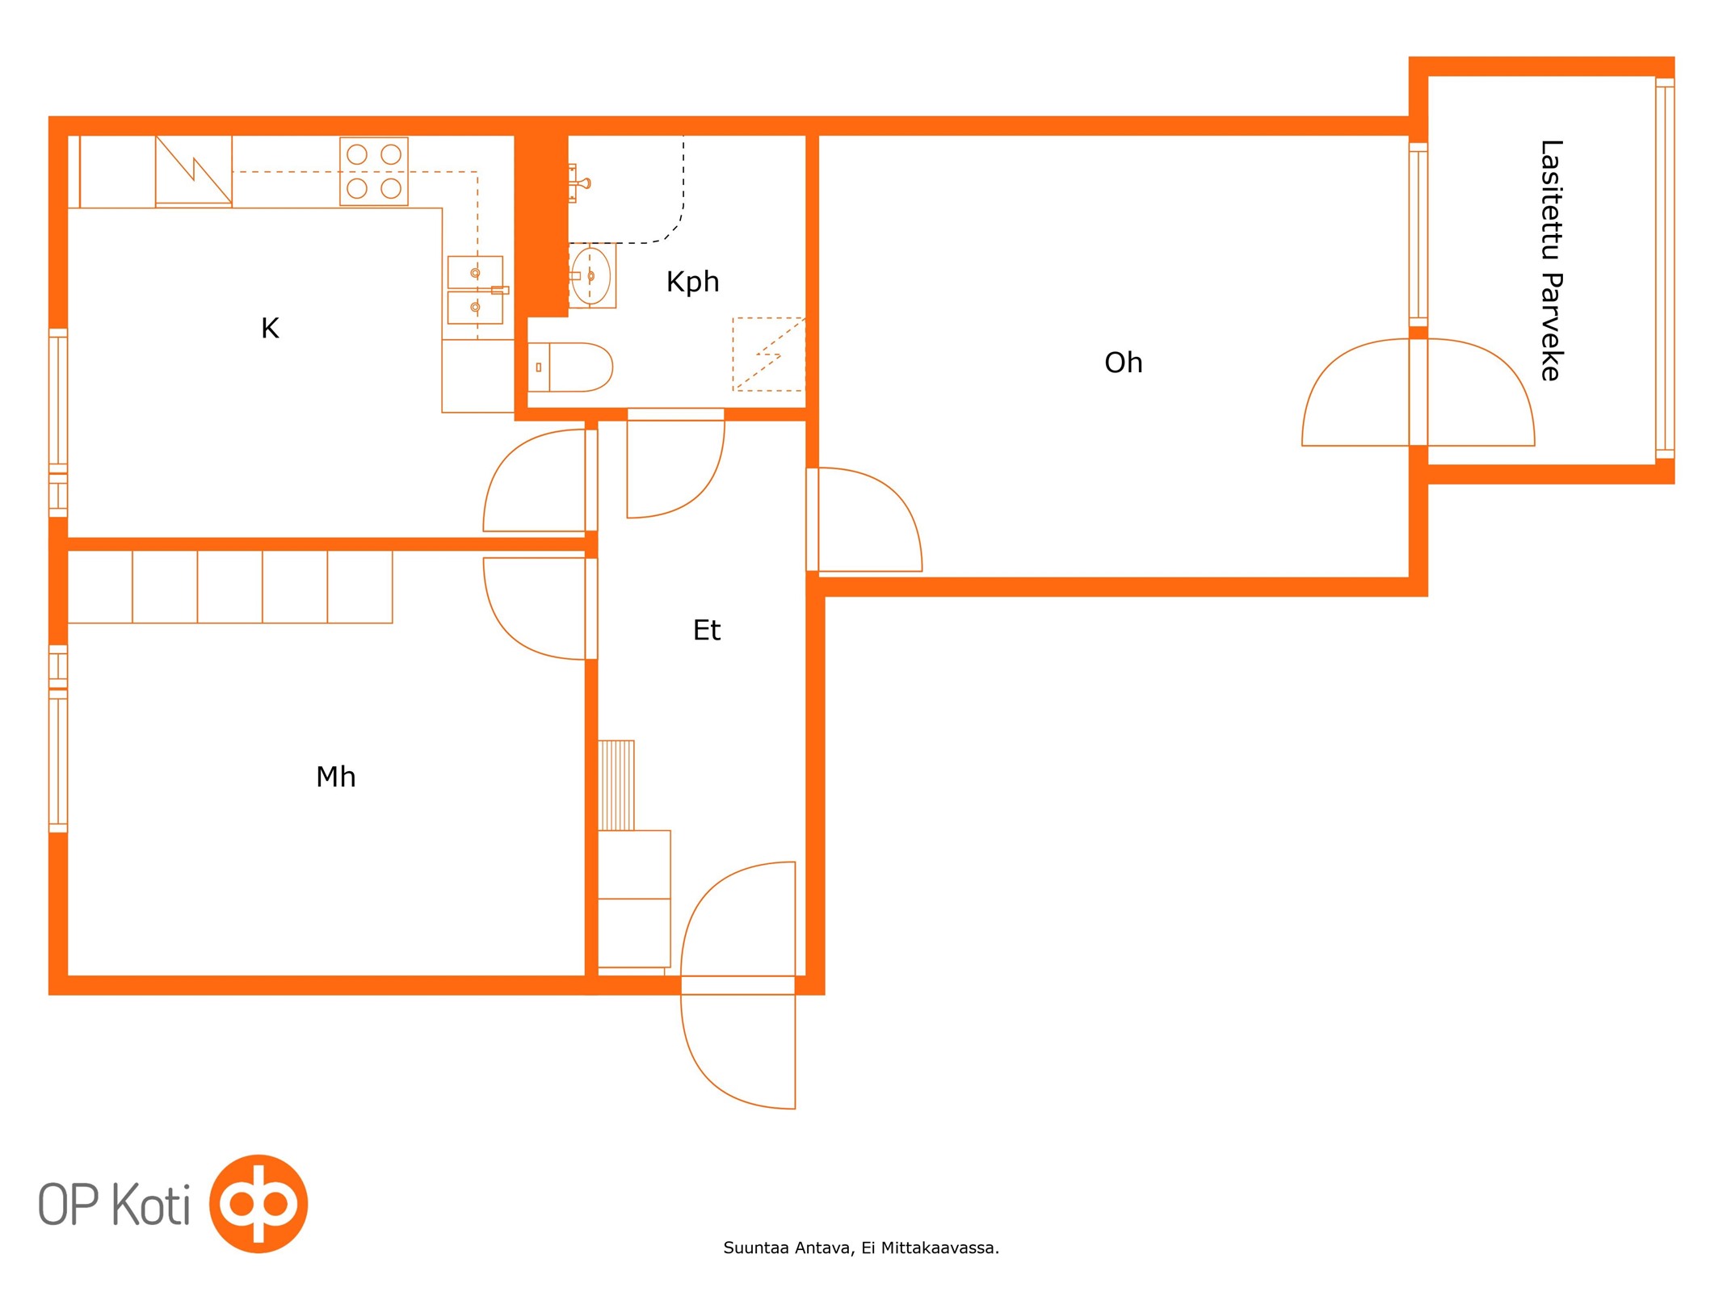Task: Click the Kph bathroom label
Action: tap(692, 282)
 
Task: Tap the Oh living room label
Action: tap(1123, 363)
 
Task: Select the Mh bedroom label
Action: tap(335, 777)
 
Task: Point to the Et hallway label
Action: tap(706, 630)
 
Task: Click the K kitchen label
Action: tap(270, 328)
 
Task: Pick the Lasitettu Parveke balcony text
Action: tap(1551, 260)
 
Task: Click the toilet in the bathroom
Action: tap(569, 367)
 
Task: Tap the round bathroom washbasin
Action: tap(591, 276)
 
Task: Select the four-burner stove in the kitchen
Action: tap(373, 171)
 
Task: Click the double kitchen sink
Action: tap(475, 290)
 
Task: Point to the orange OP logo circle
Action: tap(258, 1203)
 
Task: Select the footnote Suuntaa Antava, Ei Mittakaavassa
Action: tap(861, 1248)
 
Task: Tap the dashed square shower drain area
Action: tap(768, 354)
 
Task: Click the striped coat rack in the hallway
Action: tap(616, 785)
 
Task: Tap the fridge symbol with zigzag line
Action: tap(193, 170)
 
